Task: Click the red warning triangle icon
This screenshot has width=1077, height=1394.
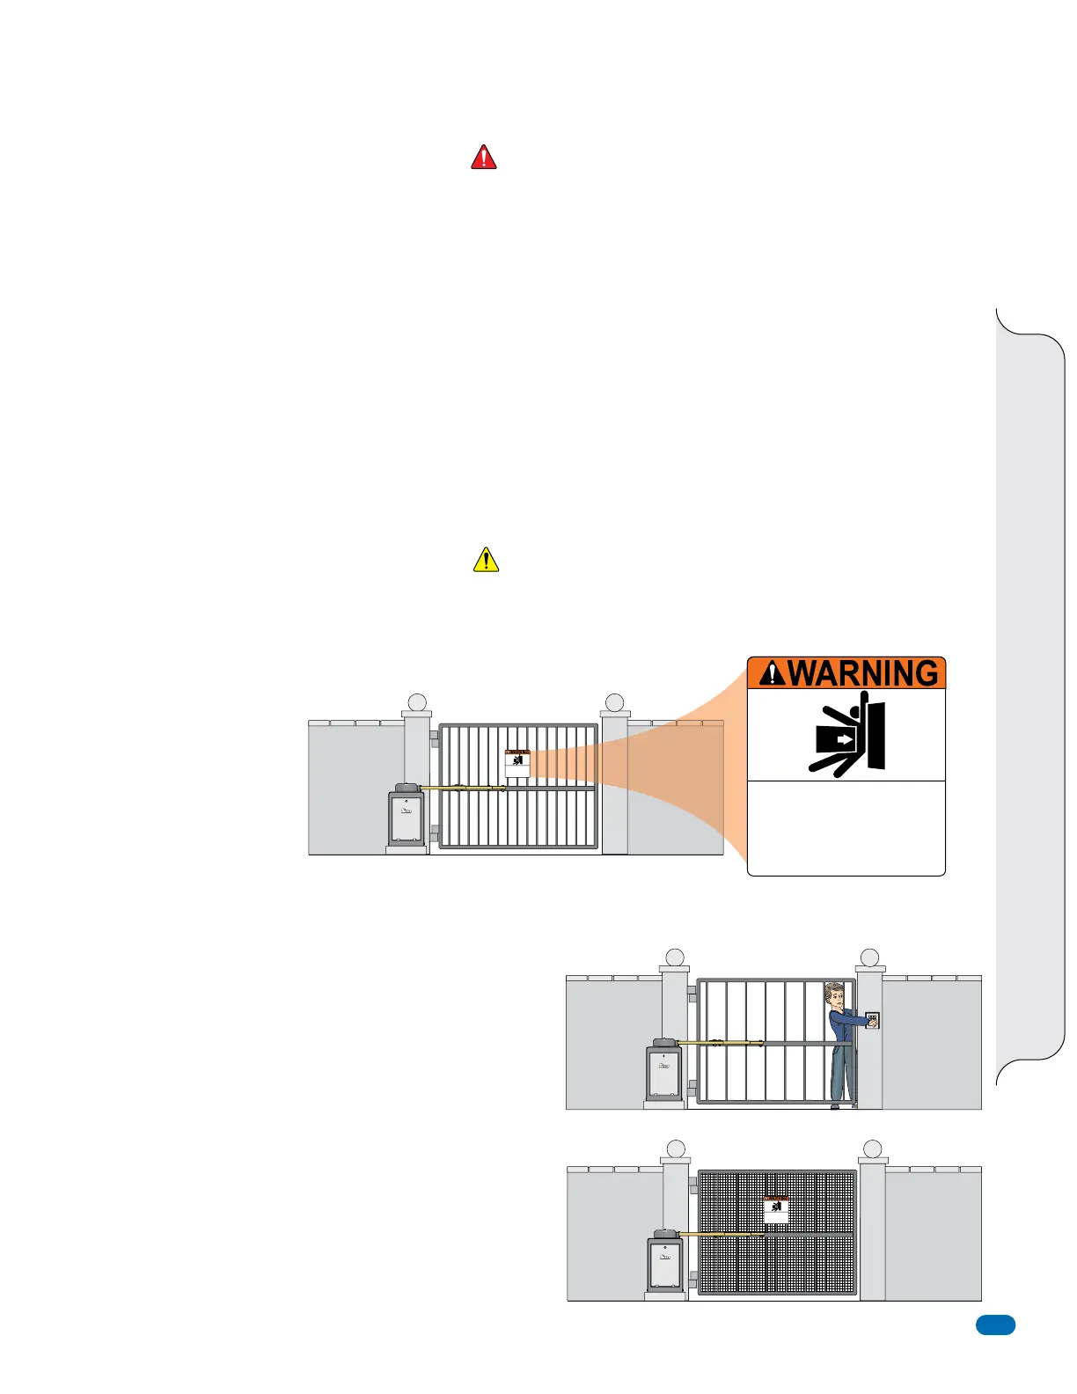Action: point(484,158)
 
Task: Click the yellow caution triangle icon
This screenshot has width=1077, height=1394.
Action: point(486,561)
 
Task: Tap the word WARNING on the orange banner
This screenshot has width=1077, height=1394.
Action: point(863,673)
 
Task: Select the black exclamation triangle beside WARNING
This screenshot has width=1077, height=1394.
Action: point(772,673)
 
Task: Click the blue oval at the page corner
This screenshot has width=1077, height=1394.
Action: point(995,1325)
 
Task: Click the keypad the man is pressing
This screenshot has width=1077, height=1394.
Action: point(871,1021)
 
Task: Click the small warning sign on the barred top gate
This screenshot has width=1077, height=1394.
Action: point(517,763)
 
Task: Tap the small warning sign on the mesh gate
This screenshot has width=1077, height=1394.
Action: point(775,1209)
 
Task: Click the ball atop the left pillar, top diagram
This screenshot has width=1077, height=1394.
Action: point(417,702)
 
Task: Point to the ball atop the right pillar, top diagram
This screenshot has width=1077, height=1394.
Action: point(615,702)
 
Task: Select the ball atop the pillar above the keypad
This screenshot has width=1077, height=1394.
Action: point(869,957)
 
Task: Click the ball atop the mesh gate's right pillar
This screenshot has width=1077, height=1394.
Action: point(872,1149)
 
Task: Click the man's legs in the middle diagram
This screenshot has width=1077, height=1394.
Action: point(841,1074)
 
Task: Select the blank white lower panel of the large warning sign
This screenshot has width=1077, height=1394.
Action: point(846,827)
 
